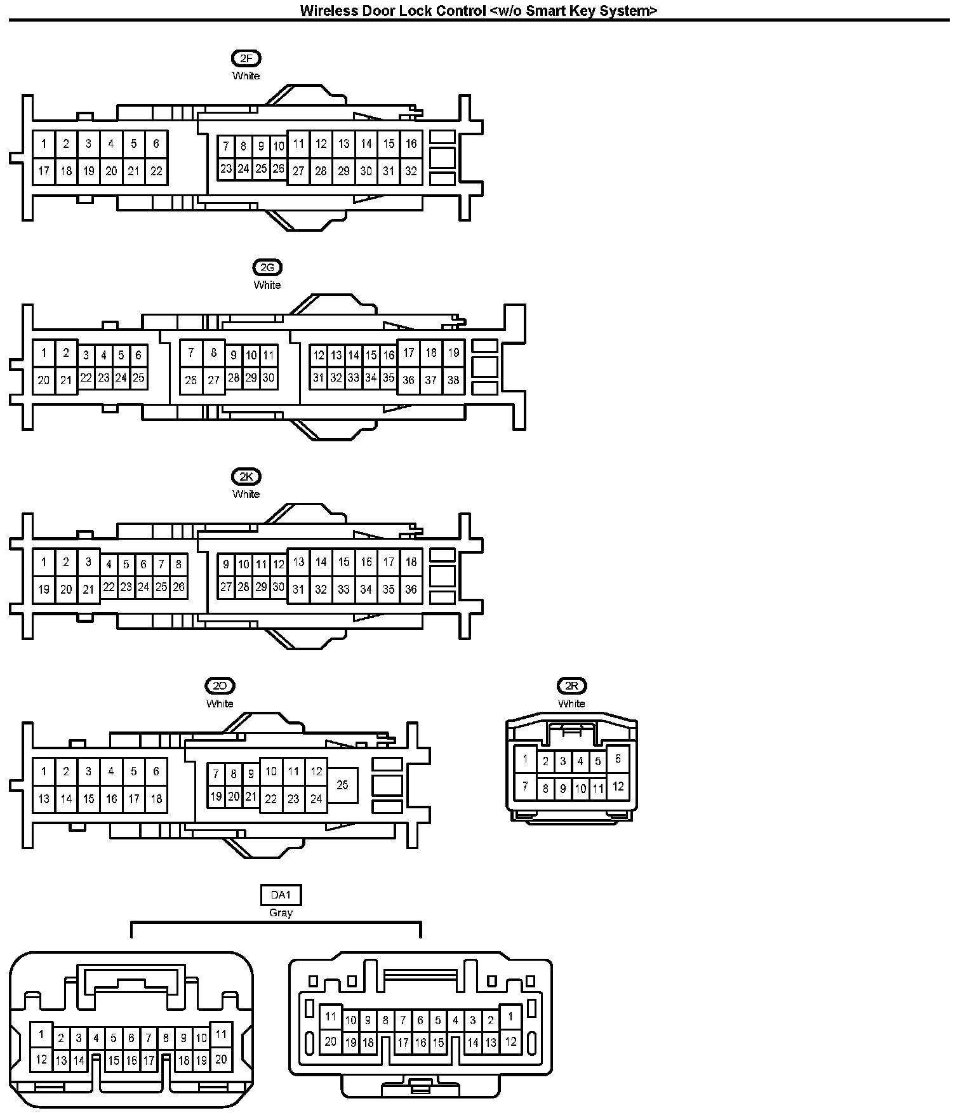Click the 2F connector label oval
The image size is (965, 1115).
pyautogui.click(x=246, y=58)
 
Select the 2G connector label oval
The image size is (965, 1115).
pyautogui.click(x=267, y=268)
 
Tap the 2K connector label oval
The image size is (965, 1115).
pyautogui.click(x=246, y=477)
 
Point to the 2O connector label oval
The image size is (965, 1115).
pyautogui.click(x=220, y=686)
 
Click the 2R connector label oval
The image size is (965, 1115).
pyautogui.click(x=571, y=686)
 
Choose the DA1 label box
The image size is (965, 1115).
pyautogui.click(x=281, y=895)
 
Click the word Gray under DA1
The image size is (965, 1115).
pyautogui.click(x=281, y=912)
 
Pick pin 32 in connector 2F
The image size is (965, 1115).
pyautogui.click(x=411, y=171)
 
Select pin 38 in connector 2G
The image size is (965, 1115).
pyautogui.click(x=453, y=380)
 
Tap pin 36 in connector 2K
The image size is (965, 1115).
pyautogui.click(x=411, y=589)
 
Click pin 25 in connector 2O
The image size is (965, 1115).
pyautogui.click(x=342, y=785)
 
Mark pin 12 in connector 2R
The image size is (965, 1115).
pyautogui.click(x=618, y=787)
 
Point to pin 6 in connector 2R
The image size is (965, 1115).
pyautogui.click(x=618, y=759)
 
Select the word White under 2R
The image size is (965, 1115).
pyautogui.click(x=571, y=704)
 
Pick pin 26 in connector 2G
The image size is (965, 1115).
pyautogui.click(x=190, y=380)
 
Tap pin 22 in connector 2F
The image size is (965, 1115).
pyautogui.click(x=156, y=171)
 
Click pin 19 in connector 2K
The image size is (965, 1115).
pyautogui.click(x=44, y=589)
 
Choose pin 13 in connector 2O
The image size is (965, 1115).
pyautogui.click(x=44, y=799)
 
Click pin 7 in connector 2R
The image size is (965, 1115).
pyautogui.click(x=525, y=787)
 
